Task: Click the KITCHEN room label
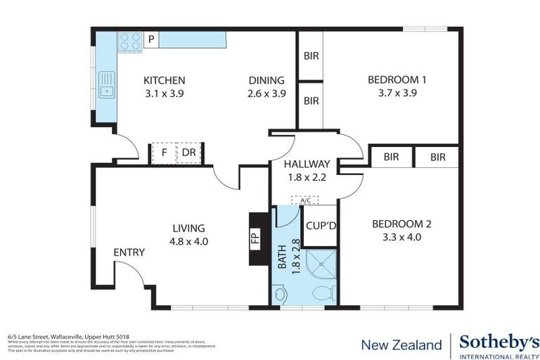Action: [x=164, y=80]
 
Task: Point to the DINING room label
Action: [x=266, y=80]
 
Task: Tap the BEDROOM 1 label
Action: [x=397, y=80]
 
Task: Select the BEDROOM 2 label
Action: [x=401, y=224]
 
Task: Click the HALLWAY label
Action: [x=307, y=165]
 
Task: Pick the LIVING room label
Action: [x=189, y=228]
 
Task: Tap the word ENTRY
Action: [x=129, y=252]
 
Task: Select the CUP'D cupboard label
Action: [x=321, y=226]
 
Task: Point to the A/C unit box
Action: [x=305, y=200]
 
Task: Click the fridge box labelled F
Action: [x=164, y=153]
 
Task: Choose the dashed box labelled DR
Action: [x=189, y=153]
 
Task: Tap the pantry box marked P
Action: [x=151, y=39]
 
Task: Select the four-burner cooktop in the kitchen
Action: [x=130, y=42]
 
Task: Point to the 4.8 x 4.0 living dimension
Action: [x=189, y=242]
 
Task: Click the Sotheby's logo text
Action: [x=499, y=342]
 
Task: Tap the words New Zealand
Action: [x=401, y=345]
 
